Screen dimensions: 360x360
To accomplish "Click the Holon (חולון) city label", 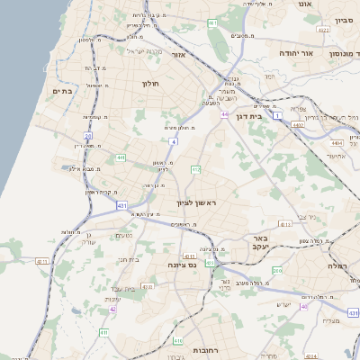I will (149, 84).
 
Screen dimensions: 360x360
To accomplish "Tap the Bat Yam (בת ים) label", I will (61, 91).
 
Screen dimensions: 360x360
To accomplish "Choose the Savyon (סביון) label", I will (345, 19).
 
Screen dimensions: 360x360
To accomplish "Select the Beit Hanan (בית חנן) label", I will (129, 259).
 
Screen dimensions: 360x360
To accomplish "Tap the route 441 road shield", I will (120, 158).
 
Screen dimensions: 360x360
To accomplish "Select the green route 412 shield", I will (194, 168).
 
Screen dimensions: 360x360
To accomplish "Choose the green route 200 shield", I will (277, 270).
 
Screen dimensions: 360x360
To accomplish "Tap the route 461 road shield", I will (212, 22).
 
